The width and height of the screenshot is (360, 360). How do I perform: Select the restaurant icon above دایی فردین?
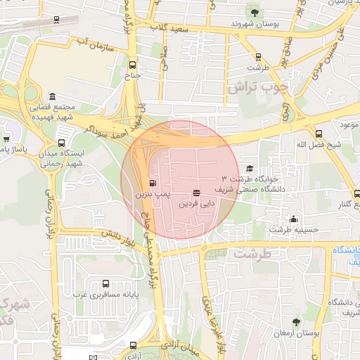195,192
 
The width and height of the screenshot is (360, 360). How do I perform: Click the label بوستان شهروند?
254,25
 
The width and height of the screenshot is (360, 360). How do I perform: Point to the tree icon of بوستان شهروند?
255,13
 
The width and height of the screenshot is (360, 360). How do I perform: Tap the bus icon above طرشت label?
258,57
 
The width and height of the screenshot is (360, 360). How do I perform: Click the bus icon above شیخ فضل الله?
319,134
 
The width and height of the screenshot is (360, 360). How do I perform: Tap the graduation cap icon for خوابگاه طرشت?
249,169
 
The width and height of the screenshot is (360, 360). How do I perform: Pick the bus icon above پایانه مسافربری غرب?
105,283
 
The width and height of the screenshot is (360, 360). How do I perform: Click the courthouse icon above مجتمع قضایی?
53,97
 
